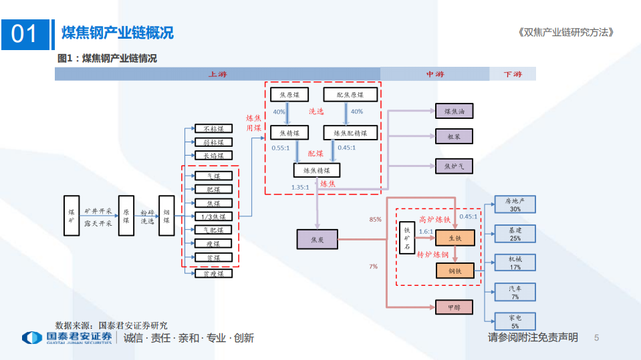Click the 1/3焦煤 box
click(x=213, y=216)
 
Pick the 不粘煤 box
click(x=213, y=128)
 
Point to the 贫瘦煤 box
click(x=213, y=273)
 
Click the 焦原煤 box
click(x=289, y=95)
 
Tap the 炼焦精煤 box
click(x=316, y=170)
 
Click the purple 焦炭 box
click(x=317, y=238)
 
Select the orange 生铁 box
click(x=455, y=237)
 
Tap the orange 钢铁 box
click(x=455, y=270)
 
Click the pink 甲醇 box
click(x=454, y=307)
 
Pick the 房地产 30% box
click(x=515, y=204)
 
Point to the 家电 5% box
click(x=515, y=321)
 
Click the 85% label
click(x=375, y=219)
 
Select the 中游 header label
click(x=434, y=74)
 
